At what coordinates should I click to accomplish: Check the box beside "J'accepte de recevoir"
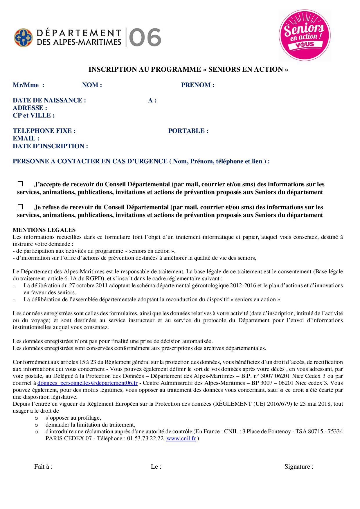pyautogui.click(x=20, y=184)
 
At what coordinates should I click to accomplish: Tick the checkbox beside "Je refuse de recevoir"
pyautogui.click(x=20, y=207)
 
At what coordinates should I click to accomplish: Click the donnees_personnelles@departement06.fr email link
pyautogui.click(x=87, y=383)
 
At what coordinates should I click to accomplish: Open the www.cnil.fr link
pyautogui.click(x=181, y=438)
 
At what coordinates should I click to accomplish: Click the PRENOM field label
pyautogui.click(x=198, y=85)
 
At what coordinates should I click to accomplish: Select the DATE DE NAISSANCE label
pyautogui.click(x=49, y=100)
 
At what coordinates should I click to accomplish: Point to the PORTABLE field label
pyautogui.click(x=188, y=131)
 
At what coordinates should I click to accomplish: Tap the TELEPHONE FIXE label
pyautogui.click(x=44, y=131)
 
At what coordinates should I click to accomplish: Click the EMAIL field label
pyautogui.click(x=26, y=138)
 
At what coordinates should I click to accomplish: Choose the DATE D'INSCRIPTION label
pyautogui.click(x=50, y=146)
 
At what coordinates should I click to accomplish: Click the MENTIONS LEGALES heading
pyautogui.click(x=44, y=230)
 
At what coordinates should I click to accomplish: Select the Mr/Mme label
pyautogui.click(x=28, y=85)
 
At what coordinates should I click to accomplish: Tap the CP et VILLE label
pyautogui.click(x=34, y=115)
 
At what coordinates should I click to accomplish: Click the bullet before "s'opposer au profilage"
pyautogui.click(x=36, y=418)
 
